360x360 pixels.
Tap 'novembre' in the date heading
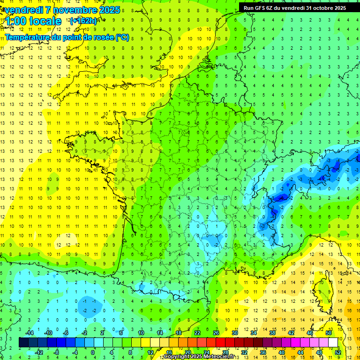[x=75, y=10]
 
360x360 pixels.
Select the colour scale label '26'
[x=216, y=333]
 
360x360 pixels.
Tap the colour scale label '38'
[x=272, y=333]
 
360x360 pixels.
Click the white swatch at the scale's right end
[x=333, y=343]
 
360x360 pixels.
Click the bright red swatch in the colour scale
[x=220, y=343]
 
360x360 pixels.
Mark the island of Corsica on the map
[x=320, y=288]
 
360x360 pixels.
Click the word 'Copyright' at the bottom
[x=177, y=357]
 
